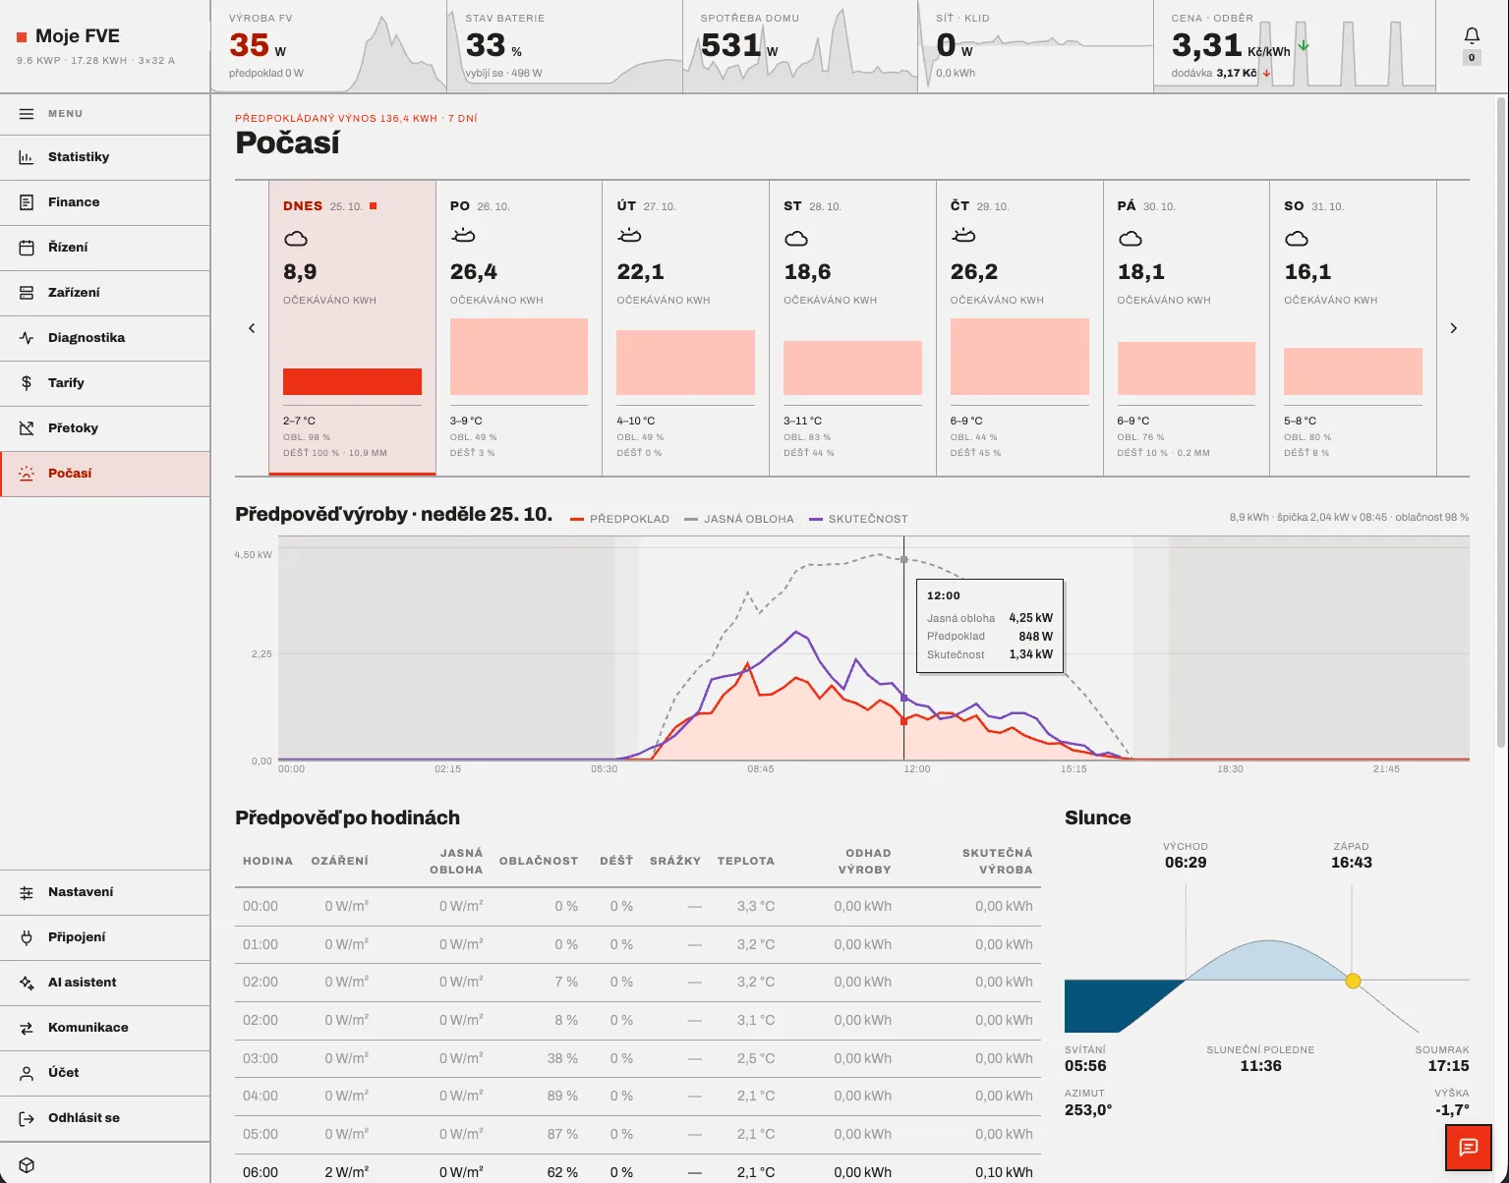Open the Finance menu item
[74, 201]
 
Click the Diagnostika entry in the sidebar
[87, 338]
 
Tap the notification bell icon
[1472, 35]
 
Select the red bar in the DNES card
[352, 381]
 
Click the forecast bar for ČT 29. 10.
[1019, 357]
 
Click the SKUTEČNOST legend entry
[859, 519]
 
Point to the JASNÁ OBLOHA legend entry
[739, 519]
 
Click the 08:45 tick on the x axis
[761, 768]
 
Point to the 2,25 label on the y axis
[261, 653]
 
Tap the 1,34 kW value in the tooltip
[1030, 654]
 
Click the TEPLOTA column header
[746, 861]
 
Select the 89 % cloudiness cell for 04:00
[562, 1097]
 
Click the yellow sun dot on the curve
[1353, 982]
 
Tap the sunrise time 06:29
[1186, 863]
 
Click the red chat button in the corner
[1468, 1148]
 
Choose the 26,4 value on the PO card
[474, 271]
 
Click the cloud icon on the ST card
[796, 239]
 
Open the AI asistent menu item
[82, 983]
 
